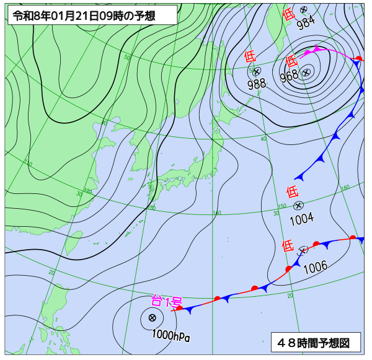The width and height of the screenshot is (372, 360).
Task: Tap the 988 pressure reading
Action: coord(257,84)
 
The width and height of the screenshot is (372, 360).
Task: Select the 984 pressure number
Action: coord(304,23)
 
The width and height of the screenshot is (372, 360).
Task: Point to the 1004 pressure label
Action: coord(301,217)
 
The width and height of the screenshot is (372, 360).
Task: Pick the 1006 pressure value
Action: coord(316,266)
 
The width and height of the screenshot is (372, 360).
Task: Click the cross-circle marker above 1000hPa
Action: coord(152,318)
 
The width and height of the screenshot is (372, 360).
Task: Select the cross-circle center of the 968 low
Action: coord(306,72)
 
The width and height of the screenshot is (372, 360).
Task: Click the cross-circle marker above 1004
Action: coord(298,205)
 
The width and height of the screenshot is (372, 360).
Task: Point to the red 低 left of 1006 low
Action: coord(288,245)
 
